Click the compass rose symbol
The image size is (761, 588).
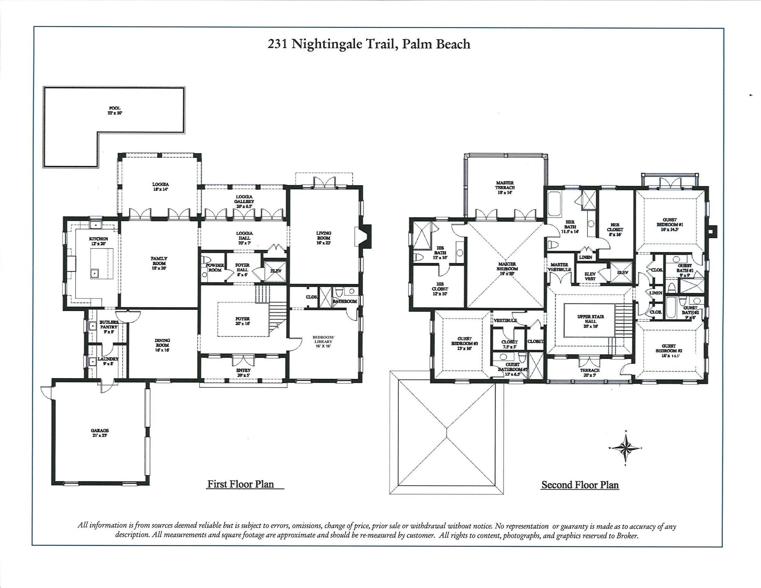(x=626, y=448)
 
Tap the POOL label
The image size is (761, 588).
(x=115, y=111)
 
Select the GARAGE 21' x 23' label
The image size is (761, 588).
(x=100, y=433)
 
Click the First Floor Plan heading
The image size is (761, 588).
(x=241, y=484)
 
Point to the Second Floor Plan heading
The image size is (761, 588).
(x=580, y=484)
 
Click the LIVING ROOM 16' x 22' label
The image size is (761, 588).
(x=324, y=235)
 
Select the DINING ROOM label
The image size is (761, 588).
(x=162, y=345)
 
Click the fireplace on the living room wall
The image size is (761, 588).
(x=363, y=237)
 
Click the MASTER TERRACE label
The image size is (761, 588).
(x=505, y=187)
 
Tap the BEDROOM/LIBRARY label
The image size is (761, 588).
(x=323, y=342)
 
